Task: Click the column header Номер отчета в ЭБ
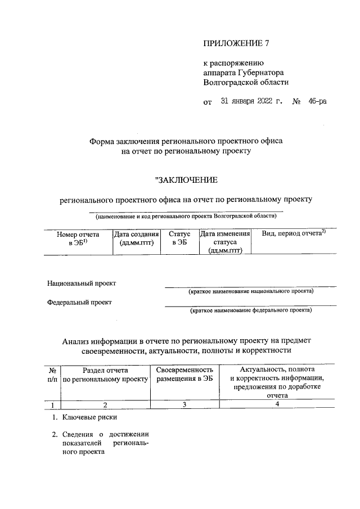point(78,238)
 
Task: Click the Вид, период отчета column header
point(290,233)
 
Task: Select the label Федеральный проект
point(79,302)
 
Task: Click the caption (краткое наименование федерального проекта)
point(251,310)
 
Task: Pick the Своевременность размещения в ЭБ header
point(184,375)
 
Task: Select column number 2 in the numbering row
point(105,405)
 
